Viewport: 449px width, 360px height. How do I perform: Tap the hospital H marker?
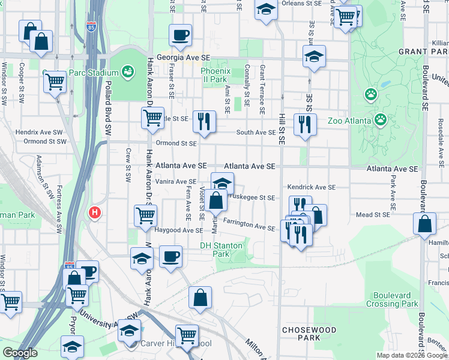[x=94, y=212]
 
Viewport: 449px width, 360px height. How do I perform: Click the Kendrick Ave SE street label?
[x=311, y=187]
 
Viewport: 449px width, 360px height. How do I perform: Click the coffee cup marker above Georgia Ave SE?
[x=180, y=34]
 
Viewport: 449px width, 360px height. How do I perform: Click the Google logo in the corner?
[x=20, y=353]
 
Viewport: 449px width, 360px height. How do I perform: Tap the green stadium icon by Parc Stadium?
[x=127, y=73]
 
